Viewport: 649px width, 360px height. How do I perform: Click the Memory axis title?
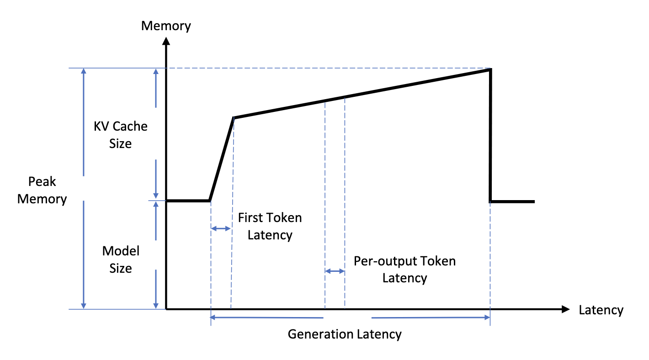click(x=166, y=26)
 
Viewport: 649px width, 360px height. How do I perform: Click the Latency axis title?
click(x=601, y=310)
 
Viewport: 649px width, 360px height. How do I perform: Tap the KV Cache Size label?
click(x=121, y=135)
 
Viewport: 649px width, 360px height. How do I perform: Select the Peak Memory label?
click(x=42, y=190)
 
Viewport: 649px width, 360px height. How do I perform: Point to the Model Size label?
click(x=121, y=259)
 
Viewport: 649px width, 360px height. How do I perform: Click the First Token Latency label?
click(x=270, y=226)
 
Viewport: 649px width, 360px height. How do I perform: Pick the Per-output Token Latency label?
click(x=404, y=269)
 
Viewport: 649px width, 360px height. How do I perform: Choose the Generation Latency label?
click(x=345, y=334)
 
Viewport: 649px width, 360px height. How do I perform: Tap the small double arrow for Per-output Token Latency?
click(x=335, y=271)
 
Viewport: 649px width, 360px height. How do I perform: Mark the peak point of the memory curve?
click(x=490, y=69)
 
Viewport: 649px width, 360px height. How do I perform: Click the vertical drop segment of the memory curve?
click(x=490, y=137)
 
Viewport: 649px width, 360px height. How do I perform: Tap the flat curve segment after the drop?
click(x=512, y=201)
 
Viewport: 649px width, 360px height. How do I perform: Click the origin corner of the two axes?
click(x=167, y=309)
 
